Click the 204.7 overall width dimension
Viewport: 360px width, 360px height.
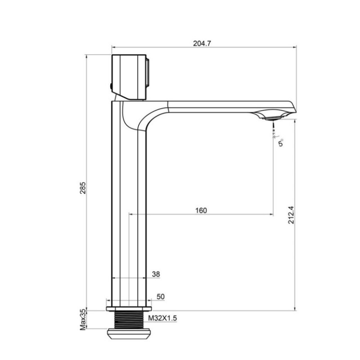202,43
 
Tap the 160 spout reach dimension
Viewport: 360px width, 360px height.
201,211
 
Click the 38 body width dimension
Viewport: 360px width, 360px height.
156,274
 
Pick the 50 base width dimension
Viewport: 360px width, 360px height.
160,297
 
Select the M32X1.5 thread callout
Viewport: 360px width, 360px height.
162,318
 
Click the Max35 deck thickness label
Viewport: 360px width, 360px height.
83,319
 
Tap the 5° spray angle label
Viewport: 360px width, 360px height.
281,143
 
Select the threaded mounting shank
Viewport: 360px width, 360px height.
129,320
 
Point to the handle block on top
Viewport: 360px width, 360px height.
128,76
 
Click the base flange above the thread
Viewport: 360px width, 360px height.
129,309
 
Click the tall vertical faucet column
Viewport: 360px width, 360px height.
129,202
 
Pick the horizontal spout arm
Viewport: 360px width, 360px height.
216,106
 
